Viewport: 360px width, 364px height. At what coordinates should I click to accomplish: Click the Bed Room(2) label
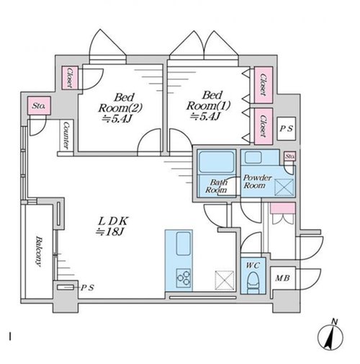coord(120,108)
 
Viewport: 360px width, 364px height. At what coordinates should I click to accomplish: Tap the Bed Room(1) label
coord(208,106)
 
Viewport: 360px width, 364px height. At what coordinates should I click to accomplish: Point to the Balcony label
coord(38,252)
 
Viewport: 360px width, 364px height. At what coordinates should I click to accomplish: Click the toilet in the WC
coord(253,282)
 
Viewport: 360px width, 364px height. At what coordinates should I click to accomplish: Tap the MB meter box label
coord(282,278)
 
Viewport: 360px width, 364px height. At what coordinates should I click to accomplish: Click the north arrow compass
coord(330,337)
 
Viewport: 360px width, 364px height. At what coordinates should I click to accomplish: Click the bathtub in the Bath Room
coord(217,161)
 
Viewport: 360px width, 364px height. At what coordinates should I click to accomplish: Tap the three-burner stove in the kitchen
coord(184,278)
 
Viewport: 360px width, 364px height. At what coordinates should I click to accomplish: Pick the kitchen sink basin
coord(184,244)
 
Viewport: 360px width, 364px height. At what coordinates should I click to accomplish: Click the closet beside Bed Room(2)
coord(70,78)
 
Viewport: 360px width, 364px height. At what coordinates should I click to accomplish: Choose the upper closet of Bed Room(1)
coord(264,85)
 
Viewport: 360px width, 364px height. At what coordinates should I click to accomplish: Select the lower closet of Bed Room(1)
coord(264,126)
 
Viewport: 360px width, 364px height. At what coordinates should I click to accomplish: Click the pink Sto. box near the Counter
coord(39,105)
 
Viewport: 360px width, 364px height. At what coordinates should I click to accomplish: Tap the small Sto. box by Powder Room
coord(289,156)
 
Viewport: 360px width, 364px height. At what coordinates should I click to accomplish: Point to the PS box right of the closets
coord(286,128)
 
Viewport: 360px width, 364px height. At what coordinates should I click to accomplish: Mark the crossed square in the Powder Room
coord(284,187)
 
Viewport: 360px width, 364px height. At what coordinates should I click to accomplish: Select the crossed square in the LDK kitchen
coord(225,280)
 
